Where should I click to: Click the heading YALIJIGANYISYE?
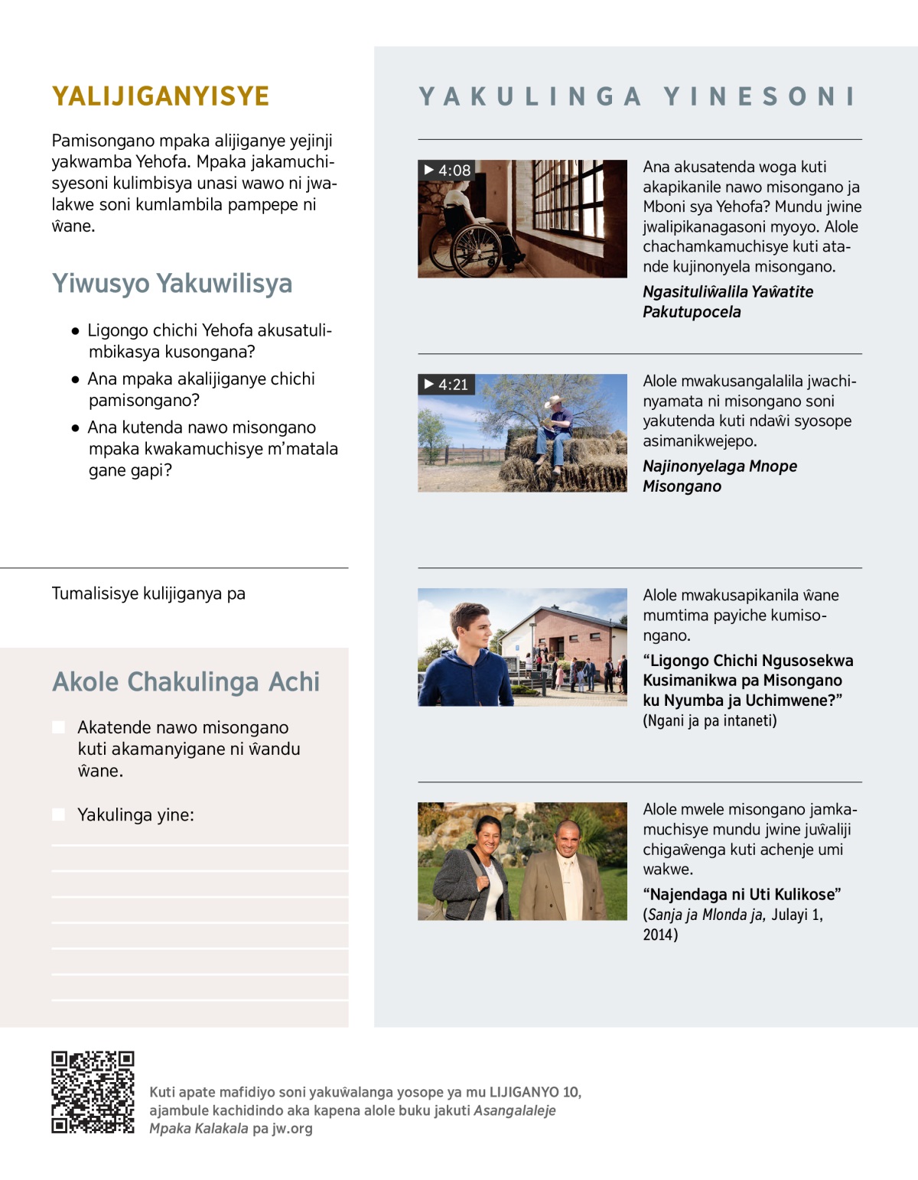pyautogui.click(x=161, y=96)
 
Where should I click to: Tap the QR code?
pyautogui.click(x=93, y=1091)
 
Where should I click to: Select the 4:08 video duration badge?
pyautogui.click(x=448, y=171)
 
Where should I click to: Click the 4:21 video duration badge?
pyautogui.click(x=447, y=385)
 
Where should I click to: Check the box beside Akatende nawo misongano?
pyautogui.click(x=59, y=727)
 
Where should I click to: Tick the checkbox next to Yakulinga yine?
pyautogui.click(x=59, y=814)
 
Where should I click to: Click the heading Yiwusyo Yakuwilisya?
pyautogui.click(x=172, y=283)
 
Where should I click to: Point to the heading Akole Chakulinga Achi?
pyautogui.click(x=186, y=681)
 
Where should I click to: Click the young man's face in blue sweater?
pyautogui.click(x=469, y=628)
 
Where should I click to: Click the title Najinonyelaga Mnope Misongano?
pyautogui.click(x=719, y=476)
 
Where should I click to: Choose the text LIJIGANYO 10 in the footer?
pyautogui.click(x=535, y=1092)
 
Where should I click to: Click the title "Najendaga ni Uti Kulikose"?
pyautogui.click(x=742, y=894)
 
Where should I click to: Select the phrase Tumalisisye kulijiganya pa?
pyautogui.click(x=148, y=593)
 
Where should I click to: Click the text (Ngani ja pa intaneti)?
pyautogui.click(x=709, y=720)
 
